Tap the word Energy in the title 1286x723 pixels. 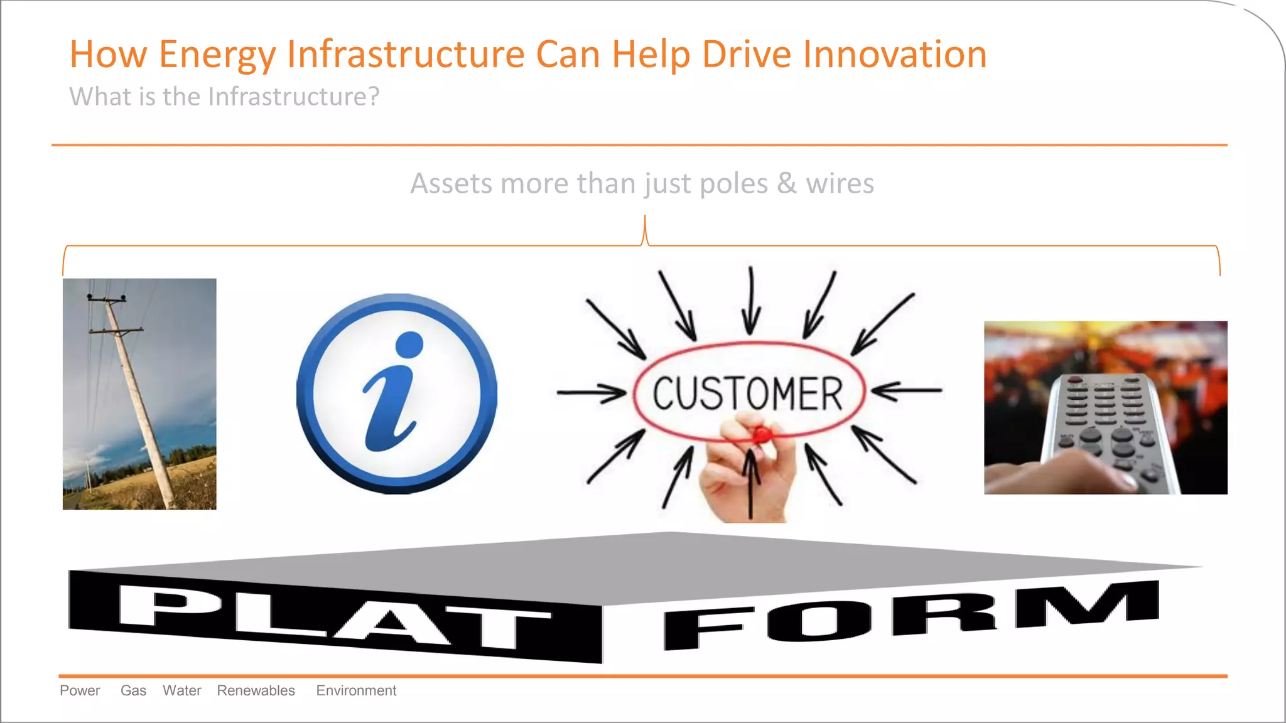pos(217,55)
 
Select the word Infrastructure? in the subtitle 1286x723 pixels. pos(293,97)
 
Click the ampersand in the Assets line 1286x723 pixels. pos(787,183)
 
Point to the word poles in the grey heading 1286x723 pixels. pos(733,183)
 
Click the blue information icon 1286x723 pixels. pos(396,394)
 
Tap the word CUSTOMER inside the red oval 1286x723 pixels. pos(747,394)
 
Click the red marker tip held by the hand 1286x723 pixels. pos(762,434)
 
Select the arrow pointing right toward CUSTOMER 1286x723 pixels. pos(591,394)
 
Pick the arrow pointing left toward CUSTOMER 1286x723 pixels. pos(906,390)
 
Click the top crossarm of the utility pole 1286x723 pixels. pos(107,299)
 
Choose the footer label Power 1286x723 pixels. pos(80,690)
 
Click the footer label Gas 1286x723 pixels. pos(133,690)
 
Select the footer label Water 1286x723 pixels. pos(182,690)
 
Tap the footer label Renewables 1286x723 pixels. pos(256,690)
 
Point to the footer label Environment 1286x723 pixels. pos(356,690)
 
